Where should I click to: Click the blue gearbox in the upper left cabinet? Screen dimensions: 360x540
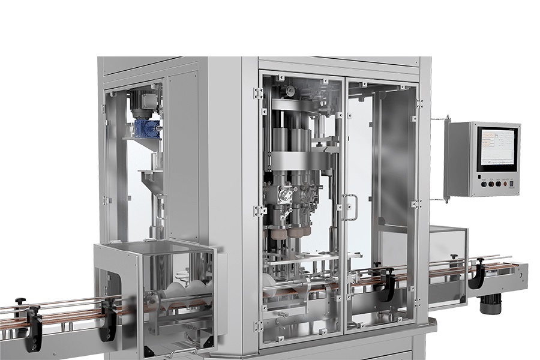point(146,128)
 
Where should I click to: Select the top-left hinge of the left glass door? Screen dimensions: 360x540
point(259,93)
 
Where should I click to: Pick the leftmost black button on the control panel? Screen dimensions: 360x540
point(484,185)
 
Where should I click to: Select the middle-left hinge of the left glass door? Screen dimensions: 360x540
point(259,211)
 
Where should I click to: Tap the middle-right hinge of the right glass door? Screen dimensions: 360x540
point(415,204)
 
